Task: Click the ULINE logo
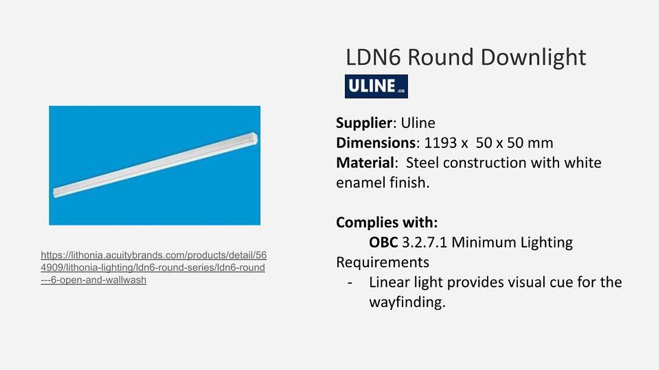pyautogui.click(x=376, y=86)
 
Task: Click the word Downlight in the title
pyautogui.click(x=533, y=57)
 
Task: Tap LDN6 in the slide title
pyautogui.click(x=373, y=57)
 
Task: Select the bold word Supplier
pyautogui.click(x=364, y=123)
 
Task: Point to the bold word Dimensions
pyautogui.click(x=375, y=143)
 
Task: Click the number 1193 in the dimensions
pyautogui.click(x=440, y=143)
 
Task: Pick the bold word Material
pyautogui.click(x=365, y=162)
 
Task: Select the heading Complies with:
pyautogui.click(x=386, y=222)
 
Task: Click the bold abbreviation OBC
pyautogui.click(x=383, y=242)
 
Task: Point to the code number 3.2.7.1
pyautogui.click(x=425, y=242)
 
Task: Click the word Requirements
pyautogui.click(x=382, y=262)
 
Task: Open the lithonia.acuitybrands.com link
pyautogui.click(x=154, y=268)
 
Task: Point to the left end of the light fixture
pyautogui.click(x=55, y=193)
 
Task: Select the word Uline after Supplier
pyautogui.click(x=418, y=123)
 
